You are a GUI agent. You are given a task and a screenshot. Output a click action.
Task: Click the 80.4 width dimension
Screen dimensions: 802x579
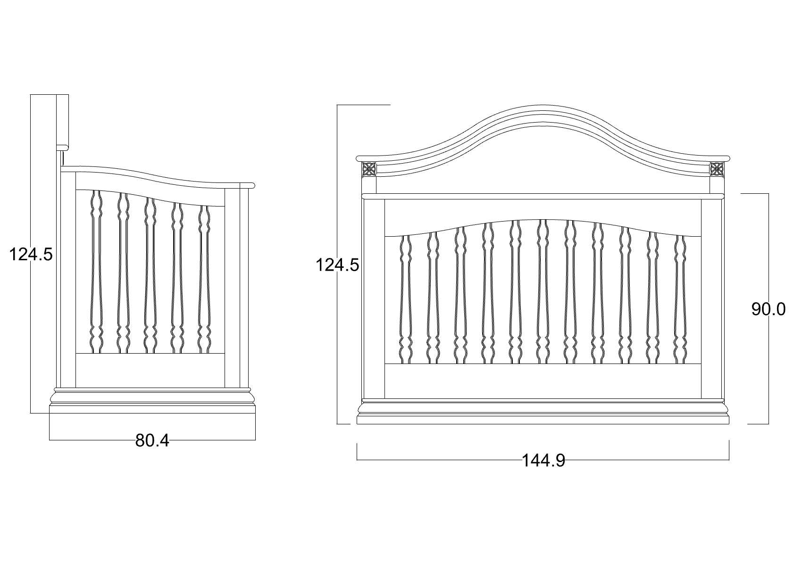(x=152, y=440)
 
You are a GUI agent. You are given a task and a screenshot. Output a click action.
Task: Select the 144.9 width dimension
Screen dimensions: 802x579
(x=543, y=461)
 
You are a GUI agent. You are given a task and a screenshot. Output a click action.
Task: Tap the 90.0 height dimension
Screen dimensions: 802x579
(x=769, y=309)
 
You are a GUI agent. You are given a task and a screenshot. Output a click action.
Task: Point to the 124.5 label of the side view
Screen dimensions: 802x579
(x=31, y=255)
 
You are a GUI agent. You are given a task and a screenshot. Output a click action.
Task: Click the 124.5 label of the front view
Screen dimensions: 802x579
(x=337, y=265)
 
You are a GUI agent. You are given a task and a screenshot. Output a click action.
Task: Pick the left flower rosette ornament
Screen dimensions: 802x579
(x=369, y=169)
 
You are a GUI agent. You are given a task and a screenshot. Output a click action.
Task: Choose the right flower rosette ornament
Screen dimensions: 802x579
(x=717, y=169)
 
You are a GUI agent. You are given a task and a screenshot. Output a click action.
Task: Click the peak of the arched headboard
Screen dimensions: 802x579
(x=543, y=105)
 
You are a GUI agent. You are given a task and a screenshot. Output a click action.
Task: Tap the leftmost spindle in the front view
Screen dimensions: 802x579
(x=406, y=299)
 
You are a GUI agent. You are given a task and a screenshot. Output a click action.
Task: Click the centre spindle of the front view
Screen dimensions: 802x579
(x=543, y=291)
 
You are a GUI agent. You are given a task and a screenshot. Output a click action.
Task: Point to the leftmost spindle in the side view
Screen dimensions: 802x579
(x=96, y=272)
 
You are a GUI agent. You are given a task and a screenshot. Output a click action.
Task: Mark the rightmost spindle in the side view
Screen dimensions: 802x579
(x=204, y=279)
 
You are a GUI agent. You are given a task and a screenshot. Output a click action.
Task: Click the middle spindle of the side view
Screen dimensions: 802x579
(x=150, y=275)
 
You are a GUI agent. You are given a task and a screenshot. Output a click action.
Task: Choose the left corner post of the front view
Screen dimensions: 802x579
(x=374, y=298)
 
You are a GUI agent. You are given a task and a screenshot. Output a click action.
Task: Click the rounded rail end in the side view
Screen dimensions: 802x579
(x=247, y=185)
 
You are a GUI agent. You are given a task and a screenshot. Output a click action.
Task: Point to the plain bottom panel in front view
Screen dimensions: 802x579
(x=543, y=381)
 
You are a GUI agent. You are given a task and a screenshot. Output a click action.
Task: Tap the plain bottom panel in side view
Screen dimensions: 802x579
(x=150, y=371)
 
